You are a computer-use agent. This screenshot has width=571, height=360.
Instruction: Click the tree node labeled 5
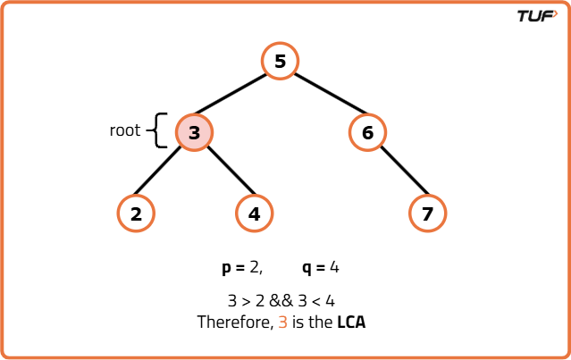(280, 62)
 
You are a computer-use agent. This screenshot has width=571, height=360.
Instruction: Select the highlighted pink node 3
(194, 133)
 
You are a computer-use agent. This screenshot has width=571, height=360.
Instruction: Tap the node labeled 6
(367, 133)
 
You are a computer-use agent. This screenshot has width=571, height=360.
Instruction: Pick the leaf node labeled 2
(136, 213)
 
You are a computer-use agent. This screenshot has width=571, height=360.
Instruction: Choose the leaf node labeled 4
(255, 213)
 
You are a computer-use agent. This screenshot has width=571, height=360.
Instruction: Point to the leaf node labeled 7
(427, 213)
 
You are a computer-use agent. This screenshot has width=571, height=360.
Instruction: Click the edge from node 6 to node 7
(398, 173)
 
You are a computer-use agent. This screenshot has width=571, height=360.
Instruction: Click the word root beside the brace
(125, 130)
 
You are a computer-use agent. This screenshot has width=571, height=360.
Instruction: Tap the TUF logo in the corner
(536, 15)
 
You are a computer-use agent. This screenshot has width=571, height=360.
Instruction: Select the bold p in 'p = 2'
(227, 268)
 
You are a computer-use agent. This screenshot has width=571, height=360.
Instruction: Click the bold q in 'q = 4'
(307, 268)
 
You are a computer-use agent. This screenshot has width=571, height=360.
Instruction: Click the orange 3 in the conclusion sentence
(282, 322)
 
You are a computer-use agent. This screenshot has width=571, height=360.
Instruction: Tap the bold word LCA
(351, 322)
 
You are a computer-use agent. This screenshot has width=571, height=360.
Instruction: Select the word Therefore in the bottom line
(234, 322)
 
